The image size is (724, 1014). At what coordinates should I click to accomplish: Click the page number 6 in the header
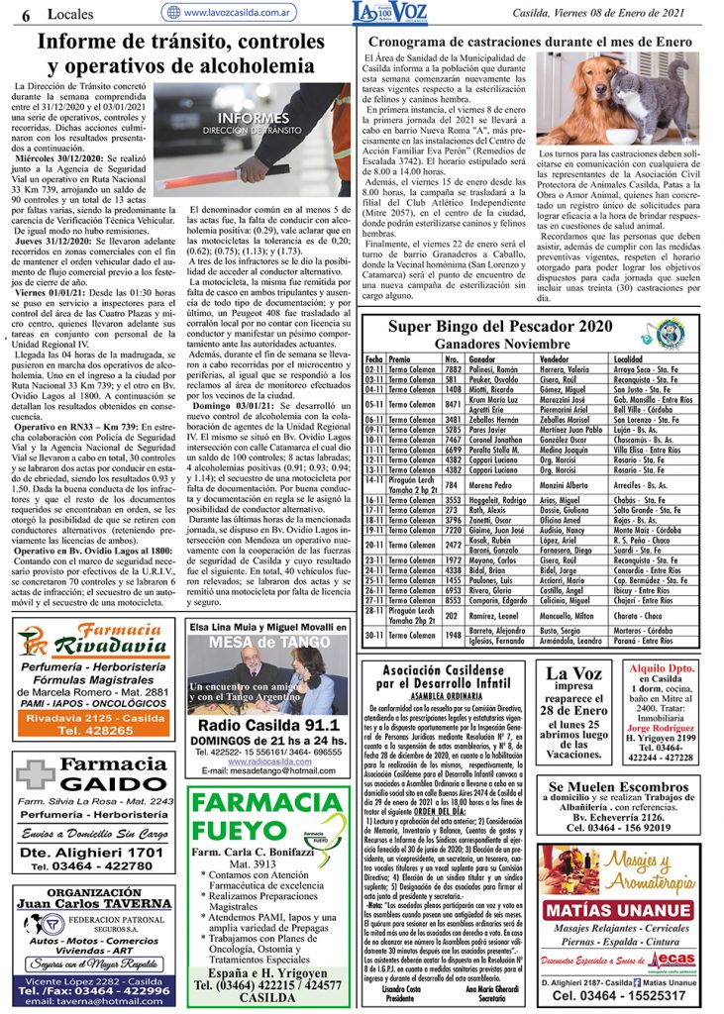point(26,13)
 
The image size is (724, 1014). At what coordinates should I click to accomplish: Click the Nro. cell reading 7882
point(453,368)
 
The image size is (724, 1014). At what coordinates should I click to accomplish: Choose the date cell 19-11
point(374,530)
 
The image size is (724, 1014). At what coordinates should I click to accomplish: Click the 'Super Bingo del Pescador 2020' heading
point(500,326)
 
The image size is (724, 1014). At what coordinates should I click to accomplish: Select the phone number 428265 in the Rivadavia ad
point(84,730)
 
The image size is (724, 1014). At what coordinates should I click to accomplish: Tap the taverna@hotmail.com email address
point(95,1001)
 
